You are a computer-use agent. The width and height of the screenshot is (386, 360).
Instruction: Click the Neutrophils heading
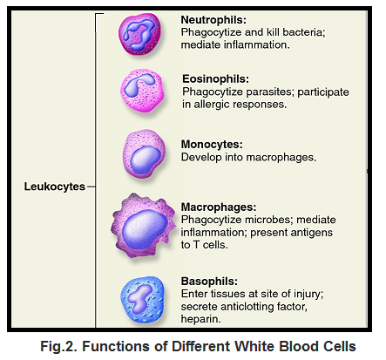213,20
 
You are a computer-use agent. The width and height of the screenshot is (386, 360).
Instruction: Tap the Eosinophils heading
215,78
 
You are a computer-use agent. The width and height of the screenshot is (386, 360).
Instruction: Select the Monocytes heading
212,145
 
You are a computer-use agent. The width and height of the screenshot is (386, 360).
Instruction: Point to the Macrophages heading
219,207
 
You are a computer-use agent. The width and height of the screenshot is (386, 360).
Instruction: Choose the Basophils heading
209,282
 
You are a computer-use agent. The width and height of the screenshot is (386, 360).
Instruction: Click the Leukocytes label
55,187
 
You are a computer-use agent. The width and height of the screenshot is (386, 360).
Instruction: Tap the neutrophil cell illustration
140,34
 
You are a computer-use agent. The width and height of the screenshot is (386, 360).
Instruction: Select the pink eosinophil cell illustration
142,92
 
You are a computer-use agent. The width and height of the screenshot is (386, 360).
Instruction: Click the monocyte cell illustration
144,154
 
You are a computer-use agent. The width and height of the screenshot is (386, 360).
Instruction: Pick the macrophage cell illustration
144,226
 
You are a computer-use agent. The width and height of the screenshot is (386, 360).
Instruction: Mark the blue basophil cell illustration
142,300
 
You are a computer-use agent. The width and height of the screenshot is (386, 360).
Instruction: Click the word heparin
200,319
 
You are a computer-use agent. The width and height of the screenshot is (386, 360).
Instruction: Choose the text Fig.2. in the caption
59,346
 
